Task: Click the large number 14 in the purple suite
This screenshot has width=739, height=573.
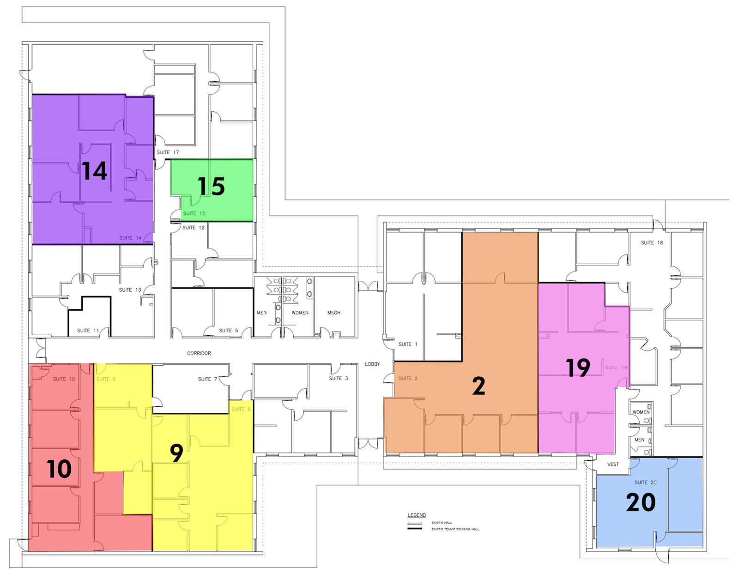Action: pyautogui.click(x=95, y=171)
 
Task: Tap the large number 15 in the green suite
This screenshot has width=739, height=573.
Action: pyautogui.click(x=211, y=186)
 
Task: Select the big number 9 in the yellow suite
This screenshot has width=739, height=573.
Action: pyautogui.click(x=176, y=453)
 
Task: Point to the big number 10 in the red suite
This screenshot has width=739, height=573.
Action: pyautogui.click(x=59, y=469)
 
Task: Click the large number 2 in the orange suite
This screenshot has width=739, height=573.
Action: pyautogui.click(x=479, y=386)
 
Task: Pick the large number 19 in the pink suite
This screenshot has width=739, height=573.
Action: pyautogui.click(x=578, y=368)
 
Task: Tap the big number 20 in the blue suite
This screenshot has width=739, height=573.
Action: pyautogui.click(x=641, y=502)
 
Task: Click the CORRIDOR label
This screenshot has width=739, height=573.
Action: pyautogui.click(x=199, y=353)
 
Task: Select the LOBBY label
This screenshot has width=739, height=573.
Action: pyautogui.click(x=372, y=364)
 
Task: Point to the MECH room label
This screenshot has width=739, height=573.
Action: pyautogui.click(x=333, y=313)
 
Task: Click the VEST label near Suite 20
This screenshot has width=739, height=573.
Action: pyautogui.click(x=612, y=464)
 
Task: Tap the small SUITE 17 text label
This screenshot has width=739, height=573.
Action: pyautogui.click(x=168, y=152)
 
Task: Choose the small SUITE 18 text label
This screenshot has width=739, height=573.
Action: pyautogui.click(x=652, y=242)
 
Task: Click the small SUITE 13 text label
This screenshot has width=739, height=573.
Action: pyautogui.click(x=130, y=290)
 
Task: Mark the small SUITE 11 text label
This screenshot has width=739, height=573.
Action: pyautogui.click(x=88, y=331)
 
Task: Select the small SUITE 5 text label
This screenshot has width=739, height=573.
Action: pyautogui.click(x=228, y=331)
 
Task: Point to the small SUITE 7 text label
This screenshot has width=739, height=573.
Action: pyautogui.click(x=207, y=379)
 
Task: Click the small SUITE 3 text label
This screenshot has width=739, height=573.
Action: pyautogui.click(x=339, y=378)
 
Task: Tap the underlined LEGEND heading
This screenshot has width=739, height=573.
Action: pyautogui.click(x=417, y=515)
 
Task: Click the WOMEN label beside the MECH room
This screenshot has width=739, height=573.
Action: pyautogui.click(x=300, y=313)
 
